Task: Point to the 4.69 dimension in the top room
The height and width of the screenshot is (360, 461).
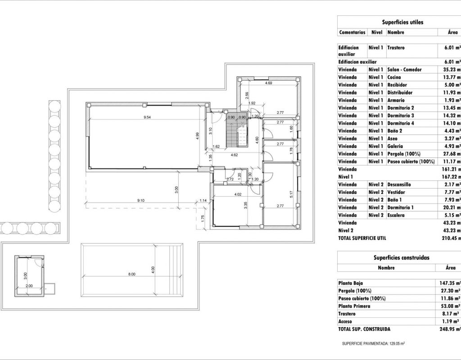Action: click(268, 83)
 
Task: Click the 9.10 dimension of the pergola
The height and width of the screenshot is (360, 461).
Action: click(141, 200)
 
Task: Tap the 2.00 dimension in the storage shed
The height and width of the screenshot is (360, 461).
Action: click(29, 286)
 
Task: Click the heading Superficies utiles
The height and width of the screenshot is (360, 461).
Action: click(402, 22)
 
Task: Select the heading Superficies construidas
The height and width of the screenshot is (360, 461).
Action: click(401, 258)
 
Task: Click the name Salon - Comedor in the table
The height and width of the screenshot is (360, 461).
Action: click(404, 70)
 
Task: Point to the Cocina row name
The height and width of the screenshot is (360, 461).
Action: click(394, 77)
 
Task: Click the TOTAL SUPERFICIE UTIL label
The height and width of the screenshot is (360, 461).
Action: click(362, 238)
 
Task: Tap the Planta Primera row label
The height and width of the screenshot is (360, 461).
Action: click(354, 306)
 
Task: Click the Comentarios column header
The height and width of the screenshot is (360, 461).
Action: click(352, 32)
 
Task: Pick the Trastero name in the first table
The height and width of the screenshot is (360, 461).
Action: click(396, 47)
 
